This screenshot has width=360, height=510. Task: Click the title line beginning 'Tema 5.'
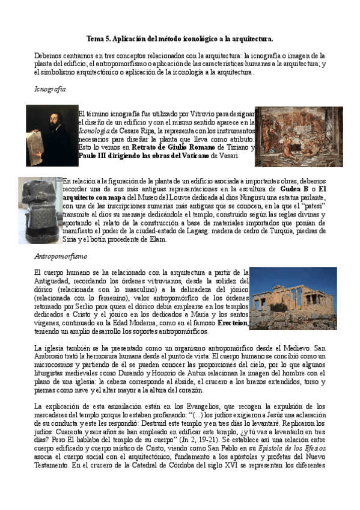tap(180, 38)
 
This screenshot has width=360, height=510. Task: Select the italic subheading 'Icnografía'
tap(50, 88)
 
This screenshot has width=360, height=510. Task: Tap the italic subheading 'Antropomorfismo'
tap(61, 256)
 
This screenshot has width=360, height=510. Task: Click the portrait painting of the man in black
tap(52, 135)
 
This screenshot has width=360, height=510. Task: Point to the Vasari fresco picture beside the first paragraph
tap(290, 137)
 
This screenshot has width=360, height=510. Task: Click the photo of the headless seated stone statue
tap(39, 210)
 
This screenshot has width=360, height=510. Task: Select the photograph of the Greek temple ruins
tap(293, 298)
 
